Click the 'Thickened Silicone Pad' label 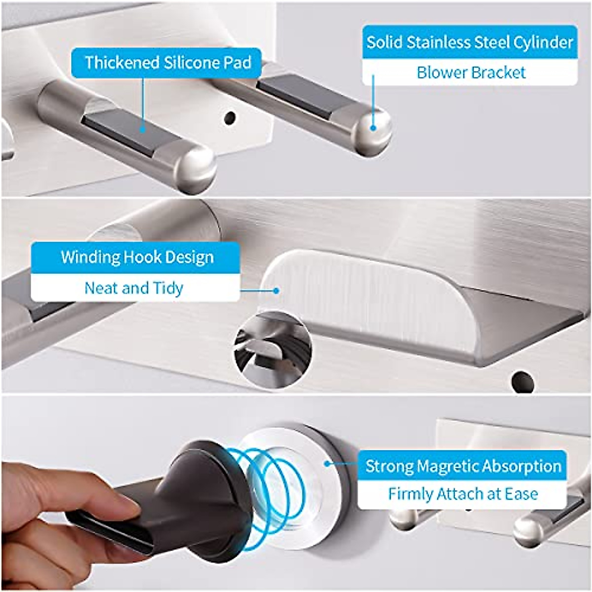[x=168, y=63]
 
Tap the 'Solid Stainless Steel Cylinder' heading [x=470, y=42]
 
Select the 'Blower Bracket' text [x=471, y=73]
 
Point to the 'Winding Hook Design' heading [x=137, y=257]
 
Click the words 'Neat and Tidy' [x=134, y=288]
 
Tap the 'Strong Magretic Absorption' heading [x=463, y=466]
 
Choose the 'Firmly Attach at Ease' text [x=463, y=494]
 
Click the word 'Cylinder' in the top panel [x=543, y=42]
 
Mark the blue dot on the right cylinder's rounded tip [x=373, y=128]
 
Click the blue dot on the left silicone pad [x=143, y=130]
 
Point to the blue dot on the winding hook [x=276, y=291]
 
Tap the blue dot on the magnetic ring [x=327, y=463]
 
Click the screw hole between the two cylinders [x=229, y=118]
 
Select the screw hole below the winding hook [x=521, y=380]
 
